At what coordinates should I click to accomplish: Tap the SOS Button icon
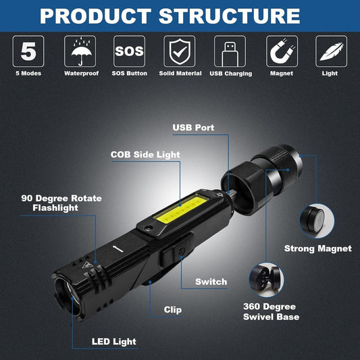(129, 51)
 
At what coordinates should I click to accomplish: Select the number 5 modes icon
(28, 51)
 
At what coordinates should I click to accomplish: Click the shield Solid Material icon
(180, 51)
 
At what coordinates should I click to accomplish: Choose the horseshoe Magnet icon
(281, 51)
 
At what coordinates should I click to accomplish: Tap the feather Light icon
(332, 51)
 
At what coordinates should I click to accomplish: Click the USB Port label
(194, 127)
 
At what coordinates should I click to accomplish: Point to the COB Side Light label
(145, 155)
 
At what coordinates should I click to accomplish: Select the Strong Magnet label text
(318, 249)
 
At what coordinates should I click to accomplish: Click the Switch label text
(211, 282)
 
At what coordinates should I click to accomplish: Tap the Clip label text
(172, 310)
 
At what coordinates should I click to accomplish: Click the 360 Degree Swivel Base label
(270, 311)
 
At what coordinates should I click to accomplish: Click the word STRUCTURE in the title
(229, 16)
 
